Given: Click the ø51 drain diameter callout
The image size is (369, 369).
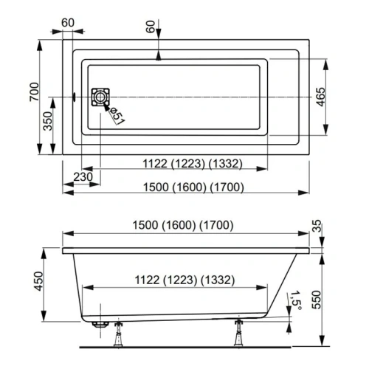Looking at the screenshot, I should click(117, 113).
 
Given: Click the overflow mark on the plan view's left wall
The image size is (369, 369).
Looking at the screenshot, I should click(76, 96).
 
